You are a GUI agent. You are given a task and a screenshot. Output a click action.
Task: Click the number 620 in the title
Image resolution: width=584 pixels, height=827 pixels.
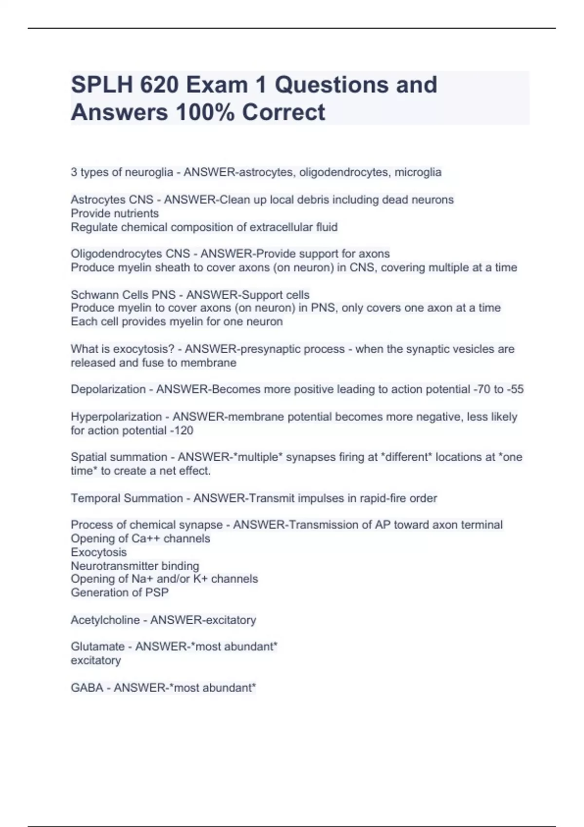click(159, 85)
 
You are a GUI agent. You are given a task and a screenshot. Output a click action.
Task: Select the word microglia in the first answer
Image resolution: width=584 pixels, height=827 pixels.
click(418, 172)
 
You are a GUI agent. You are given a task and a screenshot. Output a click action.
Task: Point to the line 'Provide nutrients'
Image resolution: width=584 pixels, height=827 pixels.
click(115, 214)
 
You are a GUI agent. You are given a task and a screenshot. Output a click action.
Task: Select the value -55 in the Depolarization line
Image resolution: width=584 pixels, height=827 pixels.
click(514, 389)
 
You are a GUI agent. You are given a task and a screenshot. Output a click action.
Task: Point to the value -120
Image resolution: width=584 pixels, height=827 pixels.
click(181, 431)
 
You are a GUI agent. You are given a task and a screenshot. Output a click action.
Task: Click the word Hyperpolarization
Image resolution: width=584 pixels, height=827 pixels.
click(116, 417)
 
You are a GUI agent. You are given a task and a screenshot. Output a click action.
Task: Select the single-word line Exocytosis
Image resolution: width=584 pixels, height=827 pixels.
click(99, 553)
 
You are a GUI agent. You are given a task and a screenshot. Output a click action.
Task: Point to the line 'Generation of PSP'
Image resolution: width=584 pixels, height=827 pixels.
click(120, 593)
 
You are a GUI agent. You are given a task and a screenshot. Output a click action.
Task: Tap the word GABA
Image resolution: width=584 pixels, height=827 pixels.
click(87, 688)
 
